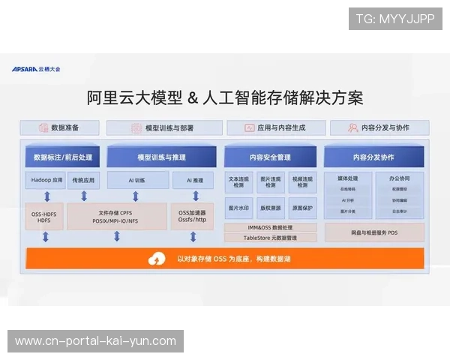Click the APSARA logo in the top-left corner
click(36, 69)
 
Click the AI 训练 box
click(136, 181)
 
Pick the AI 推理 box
click(193, 181)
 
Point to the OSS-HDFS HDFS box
click(44, 216)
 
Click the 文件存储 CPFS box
click(116, 216)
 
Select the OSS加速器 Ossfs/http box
click(193, 216)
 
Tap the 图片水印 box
click(240, 208)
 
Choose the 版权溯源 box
click(271, 208)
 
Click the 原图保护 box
click(302, 208)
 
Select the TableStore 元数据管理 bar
click(271, 238)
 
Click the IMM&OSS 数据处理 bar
click(271, 227)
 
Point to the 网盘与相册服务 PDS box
click(373, 233)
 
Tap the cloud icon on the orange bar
click(157, 259)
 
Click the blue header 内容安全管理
click(271, 157)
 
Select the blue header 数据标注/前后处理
click(63, 157)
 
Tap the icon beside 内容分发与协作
click(352, 127)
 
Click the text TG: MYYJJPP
click(395, 18)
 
